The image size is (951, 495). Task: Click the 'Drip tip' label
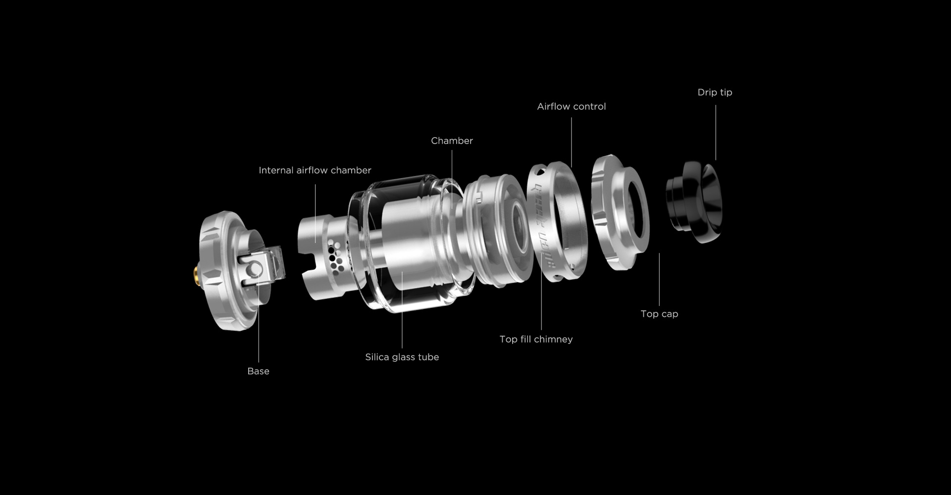(715, 93)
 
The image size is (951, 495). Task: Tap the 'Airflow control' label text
(572, 106)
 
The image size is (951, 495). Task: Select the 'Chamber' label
(452, 141)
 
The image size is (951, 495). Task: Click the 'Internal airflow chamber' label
(315, 170)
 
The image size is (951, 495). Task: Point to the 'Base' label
(258, 371)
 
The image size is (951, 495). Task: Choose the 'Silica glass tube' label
(402, 357)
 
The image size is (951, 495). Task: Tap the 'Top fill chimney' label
(536, 340)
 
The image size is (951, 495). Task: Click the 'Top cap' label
(659, 314)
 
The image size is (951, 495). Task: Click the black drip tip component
(694, 202)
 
